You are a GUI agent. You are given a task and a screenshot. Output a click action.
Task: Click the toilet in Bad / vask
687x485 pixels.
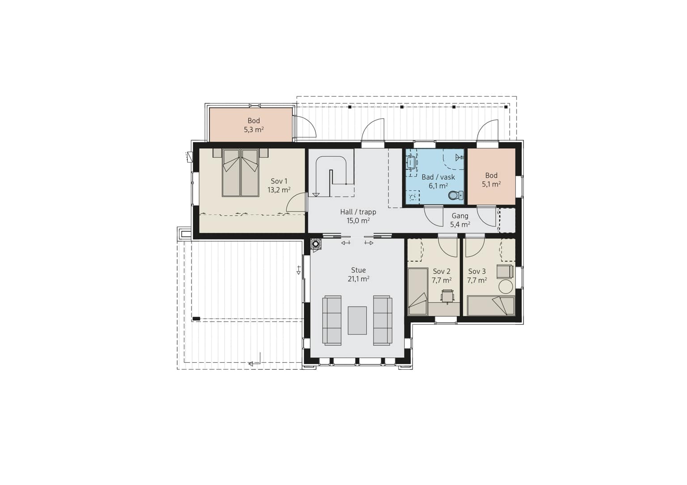pos(456,195)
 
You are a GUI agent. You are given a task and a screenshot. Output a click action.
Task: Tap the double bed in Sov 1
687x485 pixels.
pos(241,172)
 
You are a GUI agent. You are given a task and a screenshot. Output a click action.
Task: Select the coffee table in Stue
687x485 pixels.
pos(357,321)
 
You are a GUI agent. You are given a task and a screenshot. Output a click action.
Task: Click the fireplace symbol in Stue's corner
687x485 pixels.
pos(316,244)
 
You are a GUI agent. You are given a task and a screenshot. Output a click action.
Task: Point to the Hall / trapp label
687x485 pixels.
pos(358,212)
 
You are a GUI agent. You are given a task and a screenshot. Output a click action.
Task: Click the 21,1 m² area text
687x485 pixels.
pos(358,279)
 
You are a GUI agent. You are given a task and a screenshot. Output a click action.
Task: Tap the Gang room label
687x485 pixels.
pos(460,216)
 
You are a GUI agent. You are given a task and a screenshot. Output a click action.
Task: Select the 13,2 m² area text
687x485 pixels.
pos(279,190)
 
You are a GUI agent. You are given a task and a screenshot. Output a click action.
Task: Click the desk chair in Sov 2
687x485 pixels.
pos(447,296)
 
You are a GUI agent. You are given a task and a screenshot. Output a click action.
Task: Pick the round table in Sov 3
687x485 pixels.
pos(506,287)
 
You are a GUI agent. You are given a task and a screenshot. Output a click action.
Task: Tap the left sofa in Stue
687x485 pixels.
pos(331,321)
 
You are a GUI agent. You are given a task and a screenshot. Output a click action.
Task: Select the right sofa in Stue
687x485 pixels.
pos(383,321)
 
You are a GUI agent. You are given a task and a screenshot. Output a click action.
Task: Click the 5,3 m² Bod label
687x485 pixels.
pos(254,125)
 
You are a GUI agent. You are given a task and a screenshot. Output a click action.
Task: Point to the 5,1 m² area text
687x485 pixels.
pos(491,184)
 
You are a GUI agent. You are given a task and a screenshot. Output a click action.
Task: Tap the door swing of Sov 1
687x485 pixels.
pos(297,202)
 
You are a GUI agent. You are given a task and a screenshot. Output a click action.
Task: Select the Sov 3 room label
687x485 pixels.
pos(477,271)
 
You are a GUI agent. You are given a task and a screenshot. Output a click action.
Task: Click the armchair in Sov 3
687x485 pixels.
pos(505,272)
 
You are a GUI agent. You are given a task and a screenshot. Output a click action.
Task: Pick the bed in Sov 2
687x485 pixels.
pos(418,292)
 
